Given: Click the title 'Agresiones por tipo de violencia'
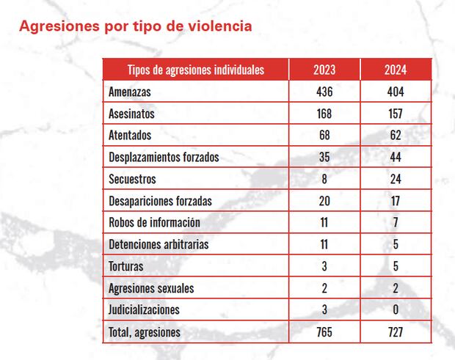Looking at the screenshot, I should [x=136, y=26].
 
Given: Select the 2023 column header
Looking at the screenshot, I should [x=324, y=70].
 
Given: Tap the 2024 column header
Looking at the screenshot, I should [x=396, y=70].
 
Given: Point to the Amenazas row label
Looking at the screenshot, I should [x=130, y=92].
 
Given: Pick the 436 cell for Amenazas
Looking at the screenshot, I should [x=324, y=92].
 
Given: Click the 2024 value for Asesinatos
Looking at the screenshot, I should [x=396, y=114].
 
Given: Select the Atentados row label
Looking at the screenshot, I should [x=130, y=136].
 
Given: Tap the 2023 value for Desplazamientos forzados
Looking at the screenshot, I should [x=324, y=157].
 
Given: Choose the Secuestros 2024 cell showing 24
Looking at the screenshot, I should [x=396, y=179].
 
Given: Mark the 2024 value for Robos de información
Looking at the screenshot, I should [x=396, y=222].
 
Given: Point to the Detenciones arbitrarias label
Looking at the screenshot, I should [x=158, y=244].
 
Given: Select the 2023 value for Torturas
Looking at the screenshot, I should [x=324, y=266].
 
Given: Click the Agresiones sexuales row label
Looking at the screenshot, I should [x=151, y=288].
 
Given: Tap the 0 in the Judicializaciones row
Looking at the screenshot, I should [x=396, y=309].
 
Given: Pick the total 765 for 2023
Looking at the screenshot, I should [x=324, y=332].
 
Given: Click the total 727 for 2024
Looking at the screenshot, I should [x=396, y=332].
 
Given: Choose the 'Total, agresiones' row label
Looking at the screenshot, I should [x=145, y=332].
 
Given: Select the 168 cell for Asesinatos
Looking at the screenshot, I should [x=324, y=114].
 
